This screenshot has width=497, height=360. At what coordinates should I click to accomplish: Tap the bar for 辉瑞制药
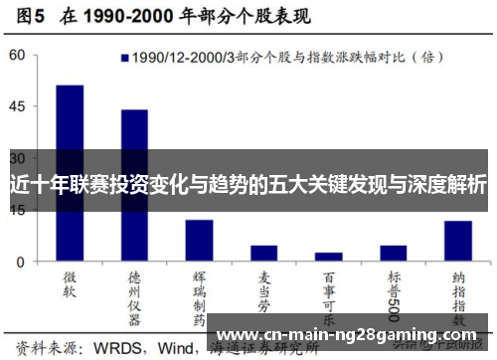(199, 240)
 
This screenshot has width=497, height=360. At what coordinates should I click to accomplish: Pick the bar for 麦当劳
(263, 253)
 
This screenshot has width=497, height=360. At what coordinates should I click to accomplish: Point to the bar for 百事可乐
(329, 257)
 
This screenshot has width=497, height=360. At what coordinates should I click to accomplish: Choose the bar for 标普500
(394, 253)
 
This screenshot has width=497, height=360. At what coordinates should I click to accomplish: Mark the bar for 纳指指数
(458, 241)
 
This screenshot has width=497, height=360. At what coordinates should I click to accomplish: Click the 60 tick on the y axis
(18, 56)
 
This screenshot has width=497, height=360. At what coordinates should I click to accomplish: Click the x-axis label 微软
(71, 282)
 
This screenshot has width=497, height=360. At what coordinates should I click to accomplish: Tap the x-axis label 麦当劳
(264, 288)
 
